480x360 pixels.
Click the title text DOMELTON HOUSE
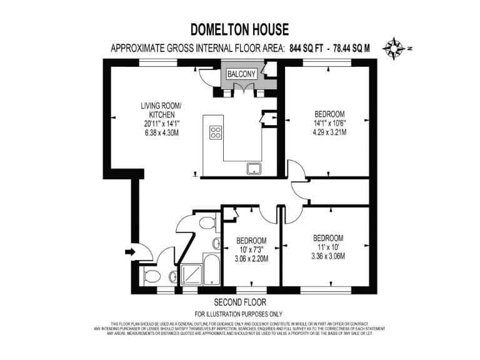click(x=239, y=29)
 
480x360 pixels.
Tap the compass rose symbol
click(x=394, y=47)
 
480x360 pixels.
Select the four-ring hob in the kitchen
click(x=216, y=132)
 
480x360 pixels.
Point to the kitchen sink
click(x=254, y=167)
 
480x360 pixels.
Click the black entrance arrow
click(x=129, y=252)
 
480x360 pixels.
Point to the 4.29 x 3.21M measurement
click(x=329, y=132)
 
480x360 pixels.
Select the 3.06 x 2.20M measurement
click(x=251, y=259)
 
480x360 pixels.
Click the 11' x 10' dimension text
click(x=327, y=247)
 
